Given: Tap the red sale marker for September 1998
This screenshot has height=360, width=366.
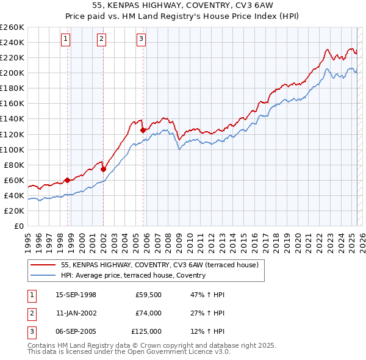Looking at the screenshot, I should coord(67,179).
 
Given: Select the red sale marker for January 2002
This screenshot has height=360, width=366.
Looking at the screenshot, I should coord(103,169).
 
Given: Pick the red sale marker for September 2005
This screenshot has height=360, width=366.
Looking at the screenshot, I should coord(143,130).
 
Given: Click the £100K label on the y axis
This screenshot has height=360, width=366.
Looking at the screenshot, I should coord(12,149).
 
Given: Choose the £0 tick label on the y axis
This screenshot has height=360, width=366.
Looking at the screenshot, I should coord(18,226).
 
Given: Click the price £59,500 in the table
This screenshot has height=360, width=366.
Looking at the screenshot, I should coord(148,295).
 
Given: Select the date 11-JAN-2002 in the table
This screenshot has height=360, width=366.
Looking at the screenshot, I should coord(76,313).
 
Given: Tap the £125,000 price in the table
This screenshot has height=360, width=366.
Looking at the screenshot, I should coord(146,331).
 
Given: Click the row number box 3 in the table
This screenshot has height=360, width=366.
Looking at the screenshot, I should coord(30,331).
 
